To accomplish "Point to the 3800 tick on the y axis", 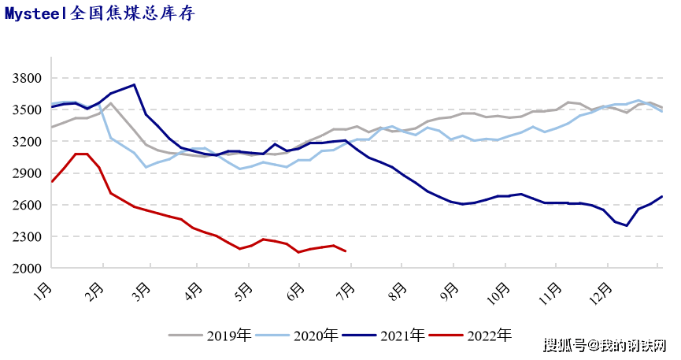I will pos(28,78).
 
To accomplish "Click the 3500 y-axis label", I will pos(28,109).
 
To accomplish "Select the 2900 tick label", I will pos(28,173).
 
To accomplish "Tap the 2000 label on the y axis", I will pos(28,269).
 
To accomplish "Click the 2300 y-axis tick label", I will pos(28,236).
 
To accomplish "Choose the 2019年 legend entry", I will pos(210,336).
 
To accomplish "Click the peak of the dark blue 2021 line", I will pos(134,84).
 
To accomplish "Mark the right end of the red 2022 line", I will pos(345,251).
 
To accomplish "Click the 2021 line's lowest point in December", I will pos(627,225).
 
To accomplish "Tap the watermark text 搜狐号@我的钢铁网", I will pos(605,345).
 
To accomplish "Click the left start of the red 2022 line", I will pos(52,181).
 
